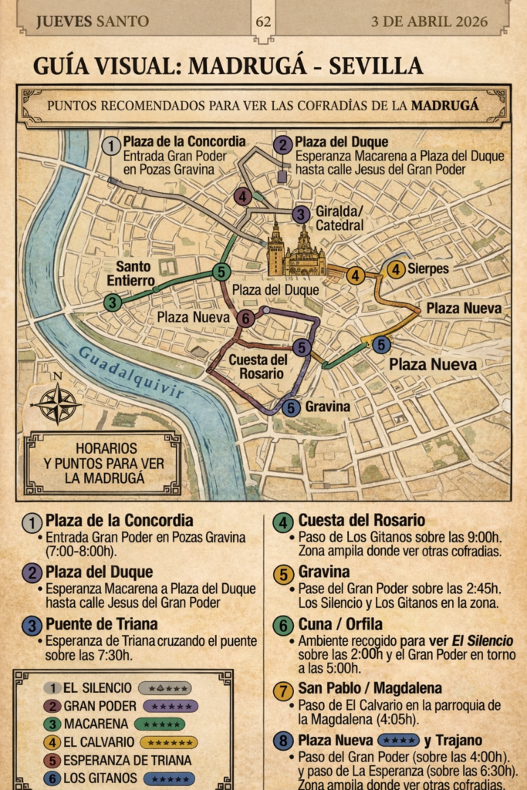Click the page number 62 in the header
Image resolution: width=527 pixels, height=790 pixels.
tap(263, 21)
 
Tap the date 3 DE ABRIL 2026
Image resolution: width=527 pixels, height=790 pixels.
tap(430, 21)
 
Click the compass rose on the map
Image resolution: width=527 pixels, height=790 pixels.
tap(57, 403)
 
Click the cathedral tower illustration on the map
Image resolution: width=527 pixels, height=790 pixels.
tap(275, 248)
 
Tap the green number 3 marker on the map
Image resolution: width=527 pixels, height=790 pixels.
tap(113, 302)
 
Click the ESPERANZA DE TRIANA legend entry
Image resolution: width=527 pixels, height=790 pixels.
tap(127, 760)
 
